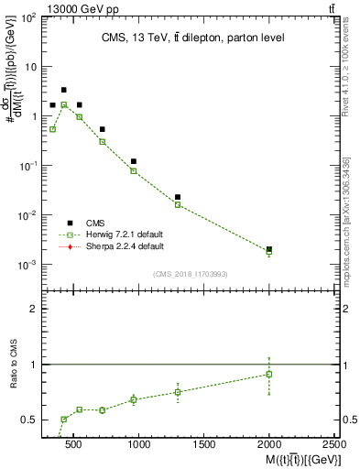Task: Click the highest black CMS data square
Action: point(63,90)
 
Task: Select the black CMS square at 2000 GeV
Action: point(268,249)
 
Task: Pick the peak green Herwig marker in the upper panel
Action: point(63,105)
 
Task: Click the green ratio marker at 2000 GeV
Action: point(268,374)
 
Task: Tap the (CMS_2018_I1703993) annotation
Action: point(190,273)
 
